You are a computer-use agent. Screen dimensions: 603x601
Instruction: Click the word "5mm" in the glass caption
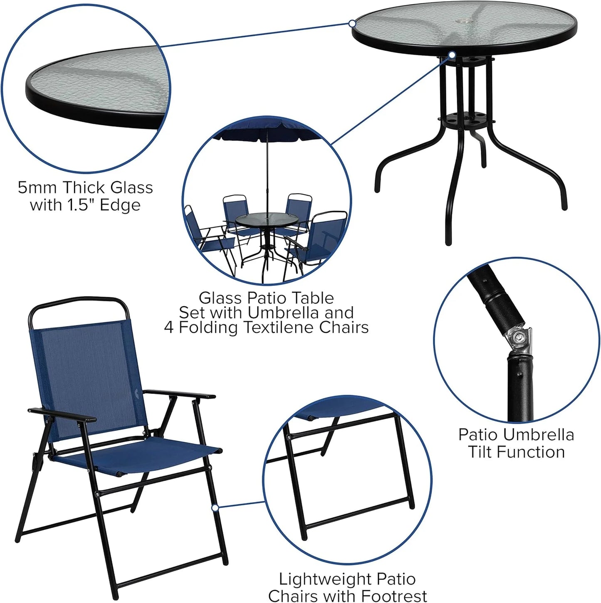tap(37, 188)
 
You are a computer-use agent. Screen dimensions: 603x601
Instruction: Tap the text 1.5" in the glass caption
tap(81, 205)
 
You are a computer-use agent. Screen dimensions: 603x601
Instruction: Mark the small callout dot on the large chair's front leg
tap(215, 507)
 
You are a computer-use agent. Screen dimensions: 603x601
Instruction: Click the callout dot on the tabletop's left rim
tap(352, 24)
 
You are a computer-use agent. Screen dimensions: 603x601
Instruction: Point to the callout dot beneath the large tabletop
tap(452, 54)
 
